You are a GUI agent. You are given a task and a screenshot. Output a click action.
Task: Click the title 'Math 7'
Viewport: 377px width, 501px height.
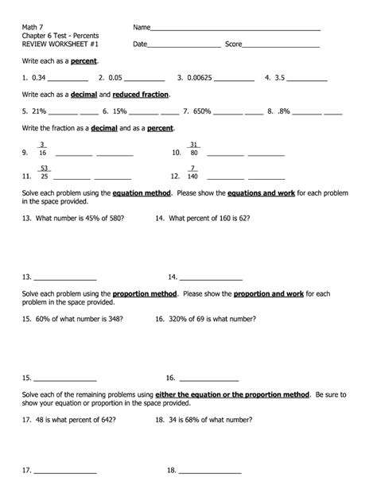(x=32, y=27)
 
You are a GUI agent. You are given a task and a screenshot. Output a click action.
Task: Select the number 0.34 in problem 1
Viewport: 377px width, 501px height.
(x=40, y=78)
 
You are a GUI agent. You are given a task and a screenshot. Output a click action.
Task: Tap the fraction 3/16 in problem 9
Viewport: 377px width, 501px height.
(x=42, y=149)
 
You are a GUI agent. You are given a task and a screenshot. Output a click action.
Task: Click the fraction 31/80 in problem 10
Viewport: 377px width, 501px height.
(x=194, y=149)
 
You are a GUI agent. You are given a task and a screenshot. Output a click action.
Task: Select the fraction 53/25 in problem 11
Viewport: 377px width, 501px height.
(x=44, y=173)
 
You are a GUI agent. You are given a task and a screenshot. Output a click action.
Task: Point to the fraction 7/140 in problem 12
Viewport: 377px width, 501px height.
(x=192, y=173)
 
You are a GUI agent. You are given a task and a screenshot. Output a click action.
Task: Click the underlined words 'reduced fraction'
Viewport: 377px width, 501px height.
(x=141, y=95)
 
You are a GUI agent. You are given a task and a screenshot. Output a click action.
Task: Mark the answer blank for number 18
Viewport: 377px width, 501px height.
(x=210, y=471)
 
